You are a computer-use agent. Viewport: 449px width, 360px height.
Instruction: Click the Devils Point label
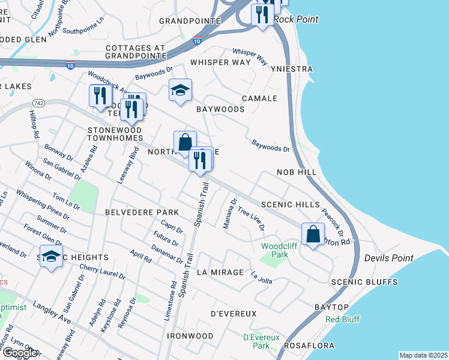tap(388, 258)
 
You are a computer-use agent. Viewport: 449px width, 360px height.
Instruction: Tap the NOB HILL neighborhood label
tap(296, 172)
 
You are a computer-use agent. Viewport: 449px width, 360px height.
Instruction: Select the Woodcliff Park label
tap(274, 250)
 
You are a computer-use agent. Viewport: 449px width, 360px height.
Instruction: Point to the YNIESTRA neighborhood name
tap(291, 69)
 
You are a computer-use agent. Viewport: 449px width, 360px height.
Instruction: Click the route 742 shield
tap(40, 103)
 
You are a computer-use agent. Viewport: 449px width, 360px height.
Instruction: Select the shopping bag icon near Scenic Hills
tap(313, 234)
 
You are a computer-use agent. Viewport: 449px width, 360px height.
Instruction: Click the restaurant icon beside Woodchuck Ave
tap(99, 96)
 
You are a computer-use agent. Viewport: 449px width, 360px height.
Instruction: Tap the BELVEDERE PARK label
tap(142, 212)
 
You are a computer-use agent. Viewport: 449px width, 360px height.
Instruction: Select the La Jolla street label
tap(262, 278)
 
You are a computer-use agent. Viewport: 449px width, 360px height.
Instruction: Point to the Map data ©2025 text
tap(423, 355)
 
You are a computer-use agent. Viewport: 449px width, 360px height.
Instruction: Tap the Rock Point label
tap(295, 19)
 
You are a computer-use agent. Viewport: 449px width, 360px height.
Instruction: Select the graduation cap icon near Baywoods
tap(180, 90)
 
